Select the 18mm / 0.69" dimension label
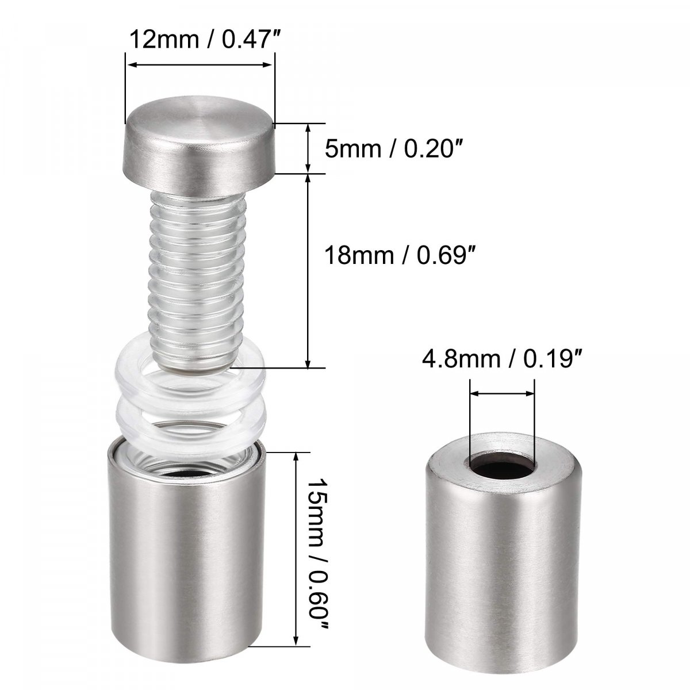click(400, 255)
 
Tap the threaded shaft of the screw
click(198, 279)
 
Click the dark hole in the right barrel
click(501, 465)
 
